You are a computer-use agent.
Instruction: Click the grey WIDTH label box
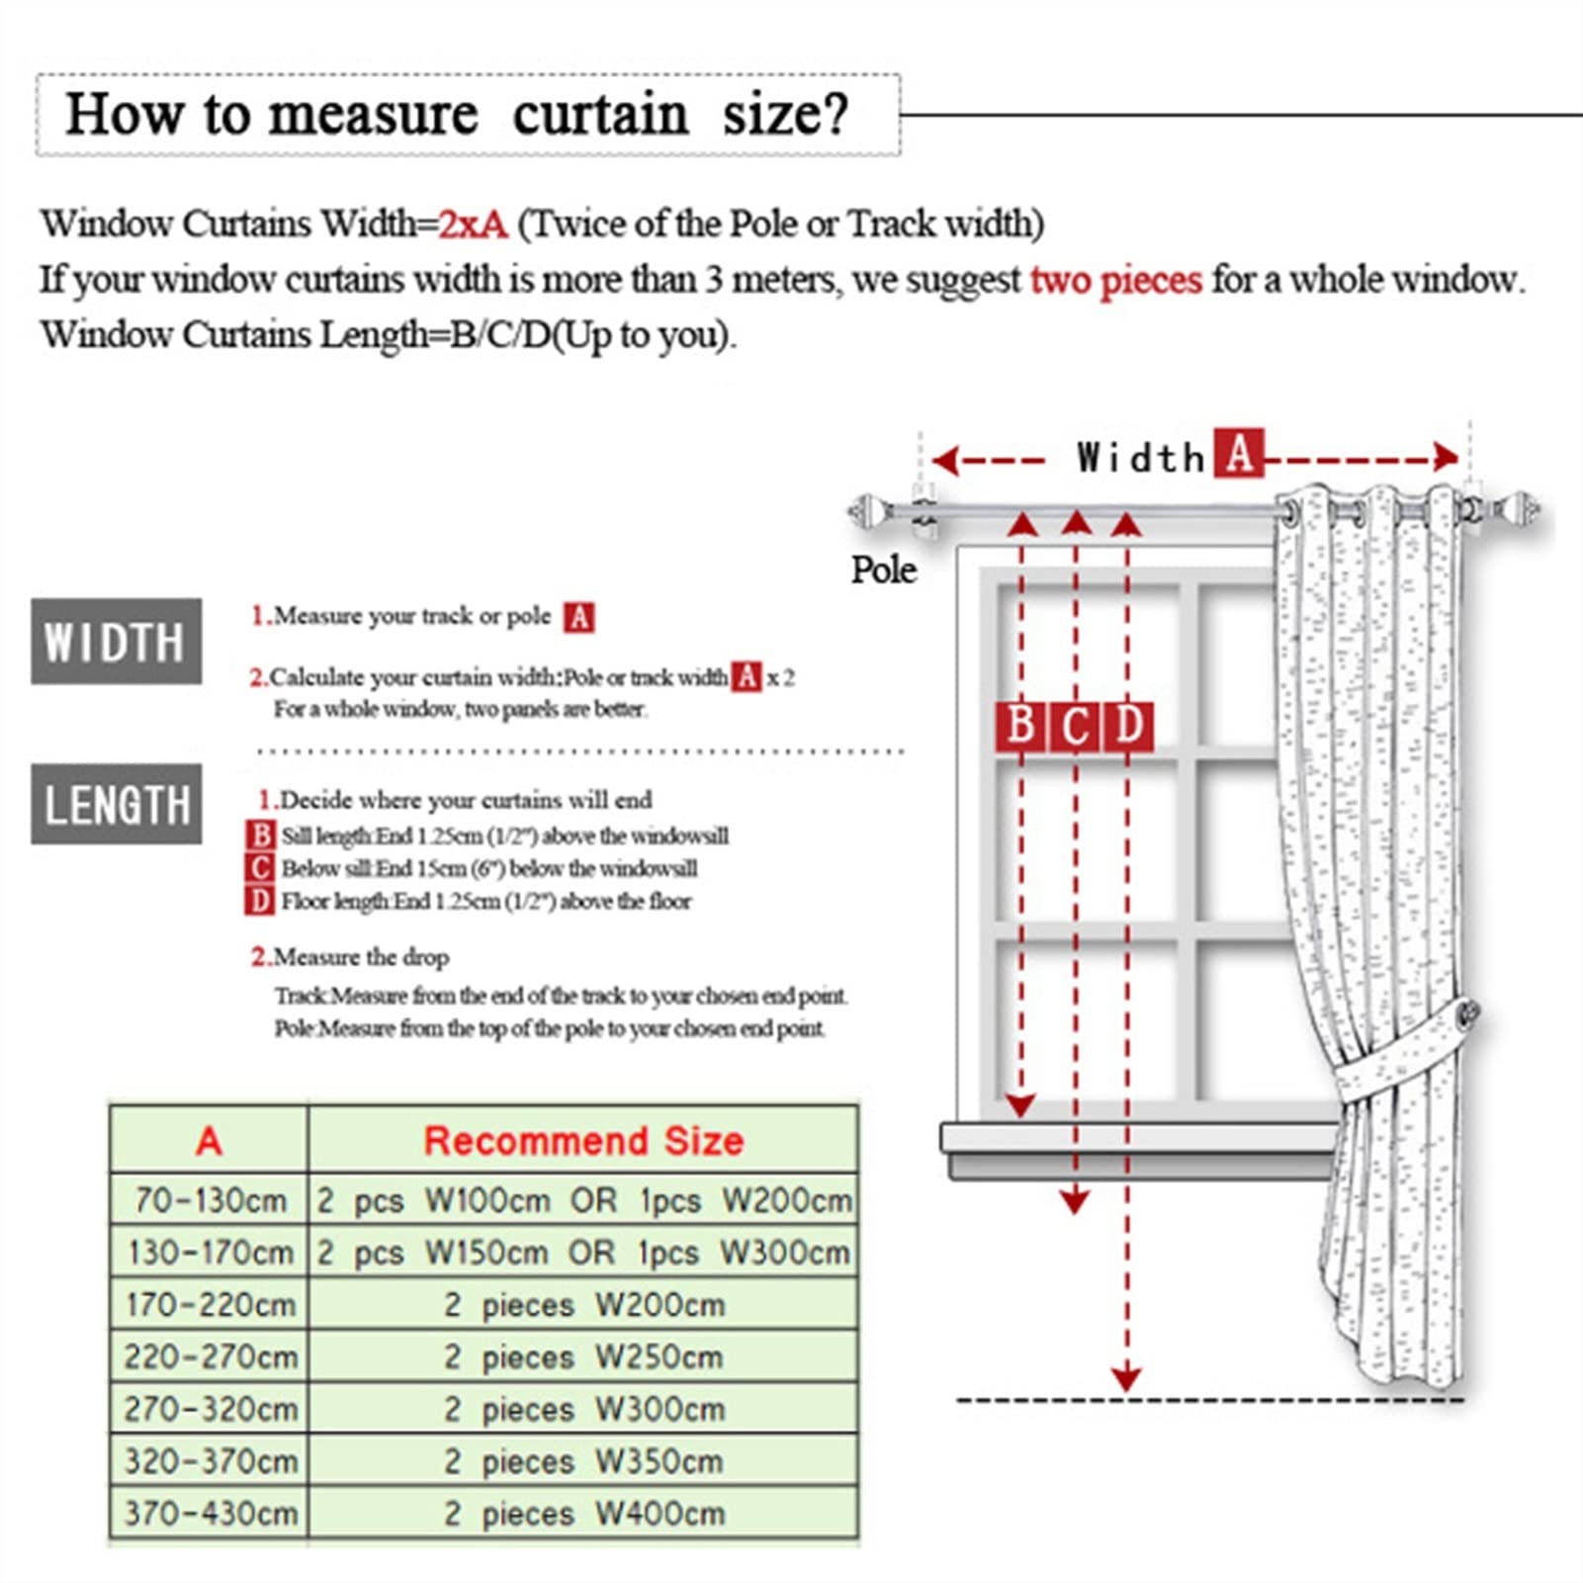116,641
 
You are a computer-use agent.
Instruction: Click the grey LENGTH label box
116,804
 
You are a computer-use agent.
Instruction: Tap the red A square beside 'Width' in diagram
1238,455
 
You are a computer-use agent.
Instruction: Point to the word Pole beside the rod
883,570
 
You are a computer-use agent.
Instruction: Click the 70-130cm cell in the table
209,1200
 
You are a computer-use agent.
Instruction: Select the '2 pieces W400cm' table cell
583,1513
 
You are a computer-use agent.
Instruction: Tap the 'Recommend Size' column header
583,1140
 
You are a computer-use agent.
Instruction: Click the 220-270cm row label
209,1357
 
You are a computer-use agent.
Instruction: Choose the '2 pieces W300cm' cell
583,1408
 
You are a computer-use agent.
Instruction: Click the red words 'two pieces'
1115,280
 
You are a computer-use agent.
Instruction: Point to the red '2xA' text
473,224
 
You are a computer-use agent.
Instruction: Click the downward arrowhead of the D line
1125,1378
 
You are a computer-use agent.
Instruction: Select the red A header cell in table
209,1140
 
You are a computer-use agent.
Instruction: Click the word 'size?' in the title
785,114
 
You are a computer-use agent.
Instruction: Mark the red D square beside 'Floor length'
259,901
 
